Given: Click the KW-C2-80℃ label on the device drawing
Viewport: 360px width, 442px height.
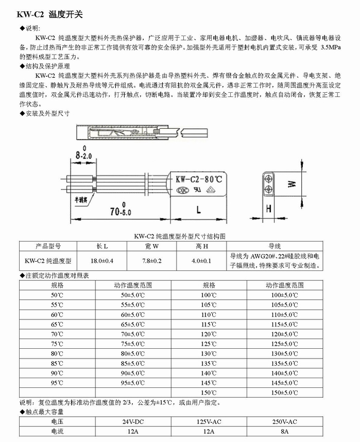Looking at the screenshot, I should (199, 180).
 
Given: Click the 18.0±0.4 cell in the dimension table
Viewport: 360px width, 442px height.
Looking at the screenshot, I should (102, 261).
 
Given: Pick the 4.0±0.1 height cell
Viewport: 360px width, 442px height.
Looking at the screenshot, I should (201, 261).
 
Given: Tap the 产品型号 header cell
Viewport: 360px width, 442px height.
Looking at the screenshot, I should (48, 246).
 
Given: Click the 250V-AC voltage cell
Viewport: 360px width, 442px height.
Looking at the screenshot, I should (284, 421).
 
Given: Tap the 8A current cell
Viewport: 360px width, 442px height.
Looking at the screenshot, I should (284, 431).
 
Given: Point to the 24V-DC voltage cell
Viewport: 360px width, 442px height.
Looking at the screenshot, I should (133, 421).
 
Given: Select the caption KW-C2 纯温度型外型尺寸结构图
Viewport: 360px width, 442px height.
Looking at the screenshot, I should (179, 236).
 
